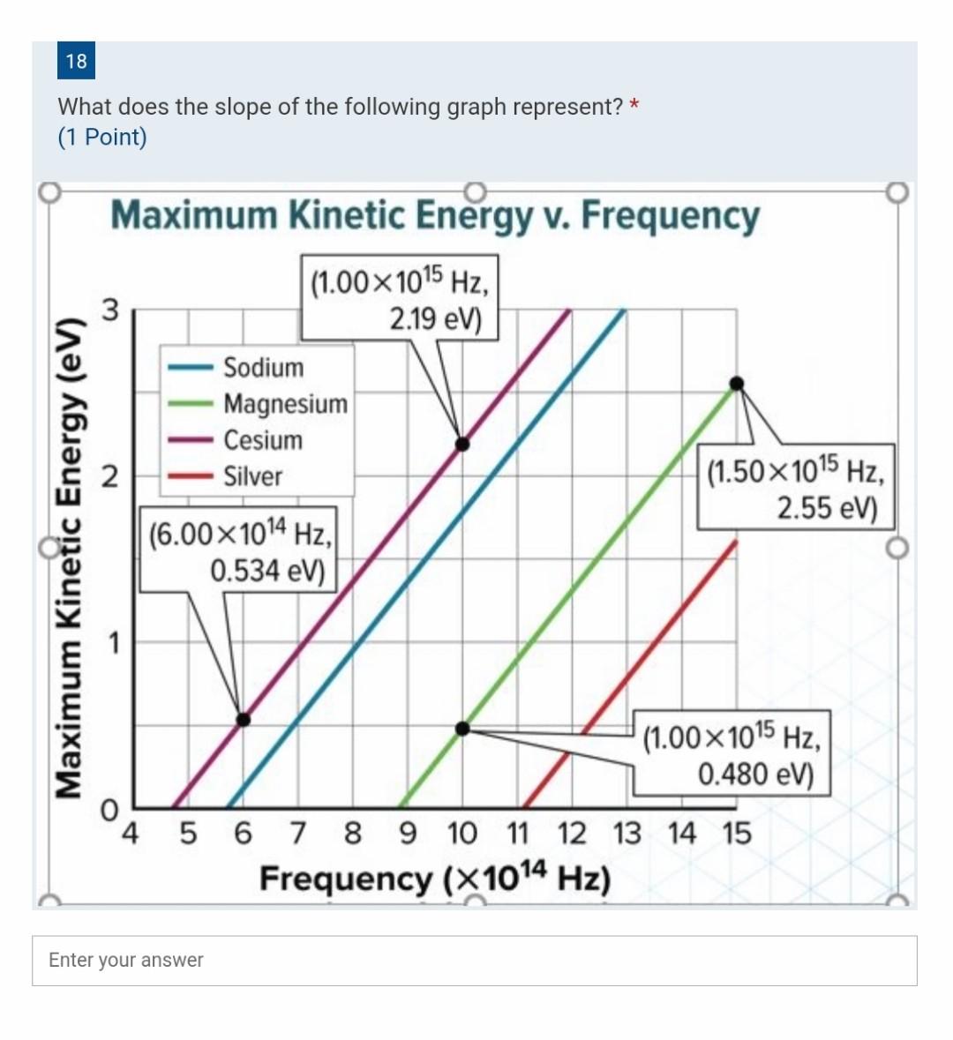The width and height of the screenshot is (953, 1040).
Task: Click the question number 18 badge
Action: click(x=77, y=61)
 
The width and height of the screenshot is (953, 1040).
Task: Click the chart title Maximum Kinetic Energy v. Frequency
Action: click(x=434, y=215)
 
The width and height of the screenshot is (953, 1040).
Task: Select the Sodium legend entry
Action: click(x=262, y=367)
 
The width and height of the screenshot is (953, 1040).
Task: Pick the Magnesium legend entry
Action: click(x=284, y=404)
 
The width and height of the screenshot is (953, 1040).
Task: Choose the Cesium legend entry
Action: click(x=261, y=440)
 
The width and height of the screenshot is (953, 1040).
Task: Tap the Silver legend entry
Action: click(x=251, y=476)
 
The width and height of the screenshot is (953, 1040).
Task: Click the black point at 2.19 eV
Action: click(x=462, y=444)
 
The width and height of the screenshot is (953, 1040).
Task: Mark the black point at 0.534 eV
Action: click(x=244, y=720)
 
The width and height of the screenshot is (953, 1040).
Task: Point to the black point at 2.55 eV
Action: click(x=737, y=383)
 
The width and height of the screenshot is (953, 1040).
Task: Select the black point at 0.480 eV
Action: click(x=462, y=729)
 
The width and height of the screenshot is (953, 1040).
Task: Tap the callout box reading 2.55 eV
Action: click(x=794, y=488)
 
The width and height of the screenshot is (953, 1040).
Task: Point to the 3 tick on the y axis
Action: click(x=109, y=311)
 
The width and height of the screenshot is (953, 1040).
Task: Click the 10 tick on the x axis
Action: click(x=462, y=833)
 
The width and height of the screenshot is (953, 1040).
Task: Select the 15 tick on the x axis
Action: click(x=737, y=833)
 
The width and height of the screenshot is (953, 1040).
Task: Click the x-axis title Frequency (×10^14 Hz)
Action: click(x=434, y=879)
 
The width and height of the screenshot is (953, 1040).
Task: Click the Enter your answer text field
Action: click(x=474, y=961)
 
